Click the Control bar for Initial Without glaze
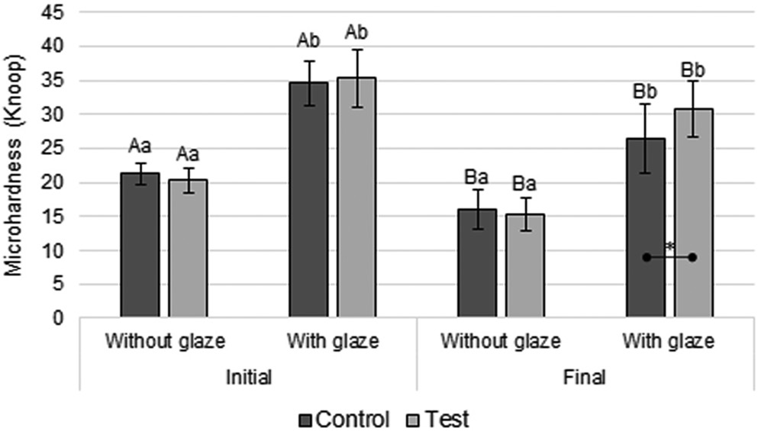140,245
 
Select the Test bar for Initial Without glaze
188,249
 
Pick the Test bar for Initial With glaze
356,198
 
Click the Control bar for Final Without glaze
477,264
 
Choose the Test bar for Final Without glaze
525,266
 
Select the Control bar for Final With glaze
646,228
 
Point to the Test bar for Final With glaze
693,213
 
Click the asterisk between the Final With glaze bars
669,247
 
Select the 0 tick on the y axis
61,318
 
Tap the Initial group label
248,378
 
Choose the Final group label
585,378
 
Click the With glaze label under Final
669,341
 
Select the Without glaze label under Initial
165,341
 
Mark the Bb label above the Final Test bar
693,71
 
